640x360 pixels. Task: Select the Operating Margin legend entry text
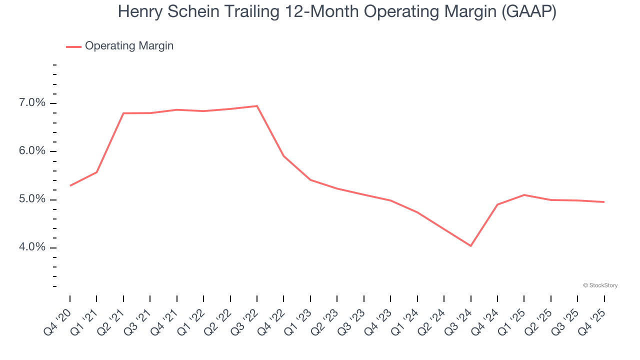129,46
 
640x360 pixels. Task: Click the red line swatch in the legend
73,46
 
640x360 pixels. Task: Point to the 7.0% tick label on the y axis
32,103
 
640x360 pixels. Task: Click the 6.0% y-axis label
32,151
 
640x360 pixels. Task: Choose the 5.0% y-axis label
32,199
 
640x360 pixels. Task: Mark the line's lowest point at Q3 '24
470,245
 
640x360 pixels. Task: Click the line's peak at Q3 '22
257,106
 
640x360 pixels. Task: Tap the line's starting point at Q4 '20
70,185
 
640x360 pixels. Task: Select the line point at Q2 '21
123,113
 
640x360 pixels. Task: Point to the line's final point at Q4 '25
604,202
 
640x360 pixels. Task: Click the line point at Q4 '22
283,156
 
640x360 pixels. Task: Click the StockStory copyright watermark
600,285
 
